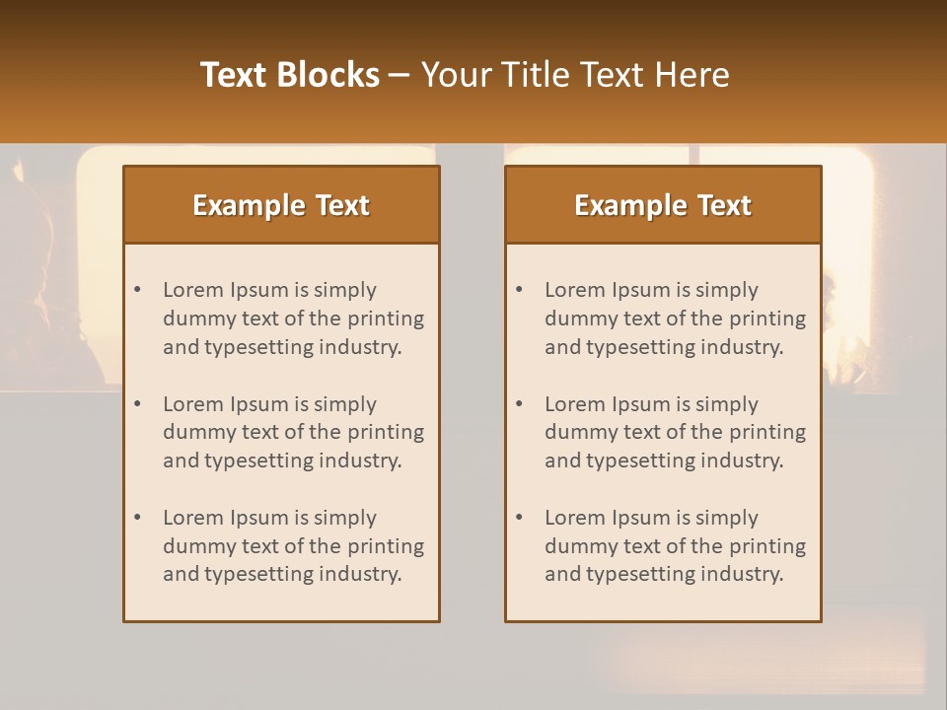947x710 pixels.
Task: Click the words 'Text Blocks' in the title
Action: pyautogui.click(x=290, y=75)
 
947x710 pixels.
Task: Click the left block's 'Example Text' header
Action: pyautogui.click(x=281, y=205)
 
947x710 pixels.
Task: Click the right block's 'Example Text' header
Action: pyautogui.click(x=663, y=205)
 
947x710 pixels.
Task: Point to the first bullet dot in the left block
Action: pyautogui.click(x=138, y=290)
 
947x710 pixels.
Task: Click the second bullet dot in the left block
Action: pyautogui.click(x=138, y=404)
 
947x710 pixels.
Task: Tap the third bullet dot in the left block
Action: pyautogui.click(x=138, y=518)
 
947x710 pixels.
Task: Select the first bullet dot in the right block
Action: pyautogui.click(x=520, y=290)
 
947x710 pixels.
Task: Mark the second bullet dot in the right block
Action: pyautogui.click(x=520, y=404)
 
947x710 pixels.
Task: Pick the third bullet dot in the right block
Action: pyautogui.click(x=520, y=518)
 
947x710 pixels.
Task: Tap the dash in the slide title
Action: pyautogui.click(x=400, y=75)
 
